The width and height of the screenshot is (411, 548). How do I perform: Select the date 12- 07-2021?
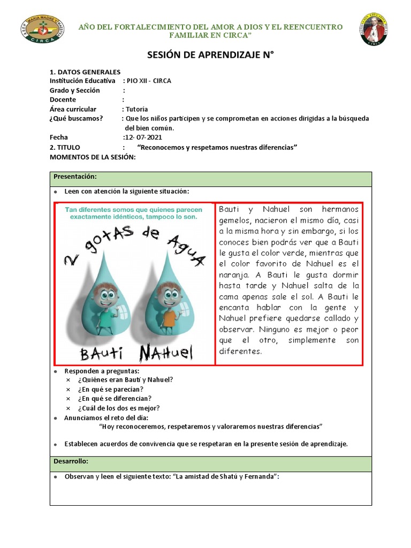(x=143, y=138)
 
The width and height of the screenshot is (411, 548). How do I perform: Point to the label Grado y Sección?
(x=75, y=90)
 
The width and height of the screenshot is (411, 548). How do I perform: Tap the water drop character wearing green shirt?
(x=105, y=302)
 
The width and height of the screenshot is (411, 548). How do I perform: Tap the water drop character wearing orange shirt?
(x=169, y=302)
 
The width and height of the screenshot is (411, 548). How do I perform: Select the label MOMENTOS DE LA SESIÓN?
(x=93, y=157)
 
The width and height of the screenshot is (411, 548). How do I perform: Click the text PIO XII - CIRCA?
(x=149, y=81)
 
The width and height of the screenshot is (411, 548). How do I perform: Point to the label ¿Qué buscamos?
(x=77, y=118)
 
